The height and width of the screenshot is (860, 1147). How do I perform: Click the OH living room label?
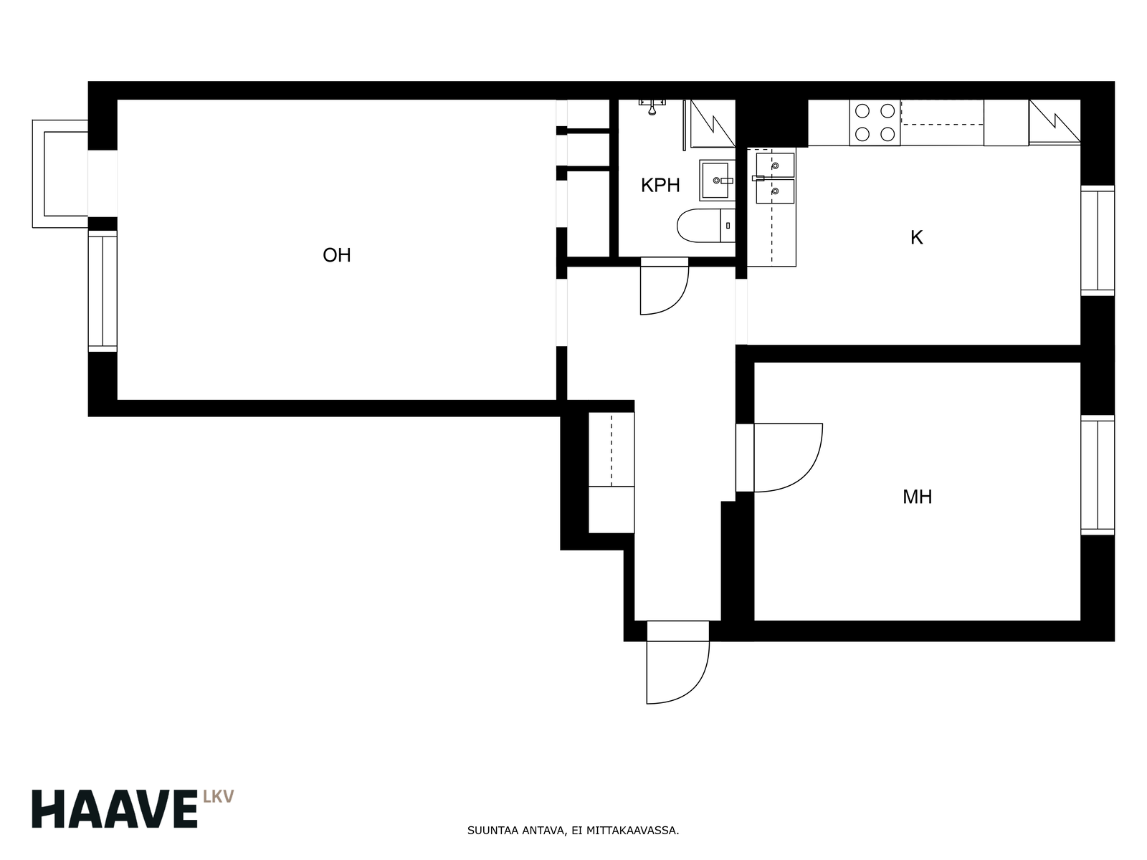point(336,255)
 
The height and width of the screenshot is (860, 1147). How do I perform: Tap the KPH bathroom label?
point(660,186)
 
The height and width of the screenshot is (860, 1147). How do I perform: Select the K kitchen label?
point(917,238)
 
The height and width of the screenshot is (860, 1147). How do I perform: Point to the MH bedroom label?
point(917,497)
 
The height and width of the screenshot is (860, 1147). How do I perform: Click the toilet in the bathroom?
point(706,226)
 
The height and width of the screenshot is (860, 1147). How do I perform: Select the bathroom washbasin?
point(718,181)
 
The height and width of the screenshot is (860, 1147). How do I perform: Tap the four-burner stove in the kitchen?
point(875,123)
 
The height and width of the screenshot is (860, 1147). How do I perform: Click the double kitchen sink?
point(774,178)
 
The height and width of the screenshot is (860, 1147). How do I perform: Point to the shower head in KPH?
point(652,107)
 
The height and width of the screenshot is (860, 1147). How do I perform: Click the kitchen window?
point(1098,240)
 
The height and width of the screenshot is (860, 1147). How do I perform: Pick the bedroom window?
point(1098,475)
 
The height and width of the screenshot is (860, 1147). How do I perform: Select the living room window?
point(103,292)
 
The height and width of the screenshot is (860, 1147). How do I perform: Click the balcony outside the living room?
point(60,174)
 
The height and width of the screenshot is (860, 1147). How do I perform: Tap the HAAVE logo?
point(115,809)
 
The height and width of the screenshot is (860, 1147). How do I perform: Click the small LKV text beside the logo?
point(219,797)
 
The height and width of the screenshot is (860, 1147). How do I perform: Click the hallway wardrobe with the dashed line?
point(611,449)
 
